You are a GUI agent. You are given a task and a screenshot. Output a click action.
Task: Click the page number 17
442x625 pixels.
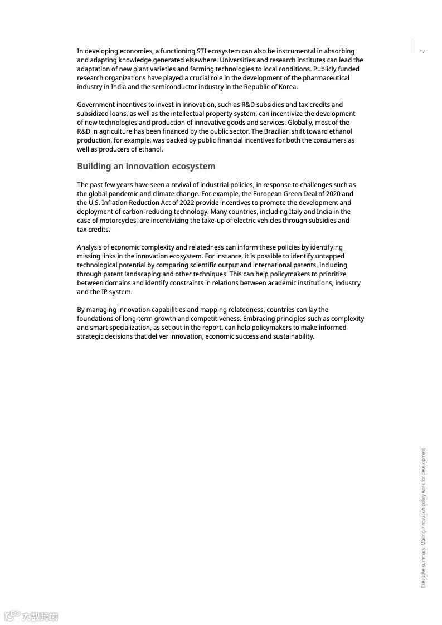422,52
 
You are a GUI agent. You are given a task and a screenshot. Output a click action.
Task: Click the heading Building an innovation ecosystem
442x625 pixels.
146,167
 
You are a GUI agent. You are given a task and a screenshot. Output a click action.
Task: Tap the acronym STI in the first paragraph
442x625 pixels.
203,51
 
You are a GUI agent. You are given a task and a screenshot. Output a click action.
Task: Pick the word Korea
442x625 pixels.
287,87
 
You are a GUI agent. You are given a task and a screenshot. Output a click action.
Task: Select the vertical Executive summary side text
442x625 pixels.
423,517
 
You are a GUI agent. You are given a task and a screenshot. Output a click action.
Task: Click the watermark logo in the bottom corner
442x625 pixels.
31,616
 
